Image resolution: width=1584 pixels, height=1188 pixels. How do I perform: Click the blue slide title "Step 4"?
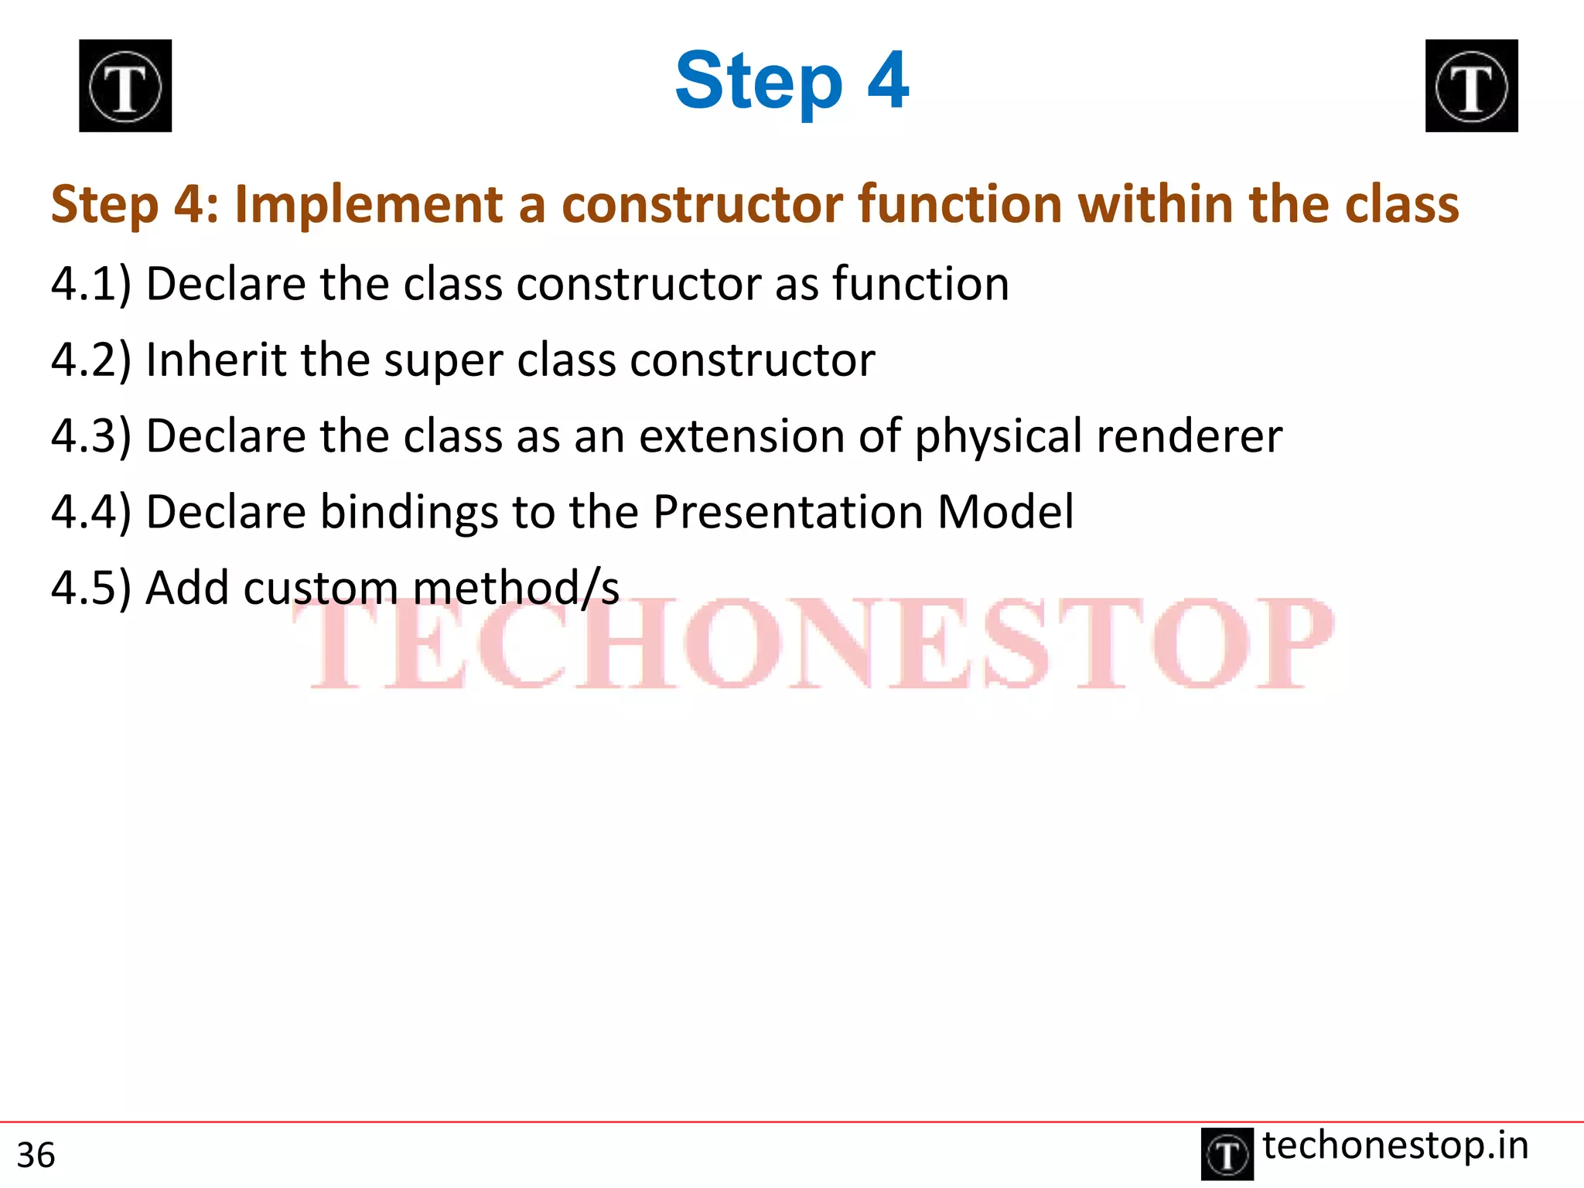791,81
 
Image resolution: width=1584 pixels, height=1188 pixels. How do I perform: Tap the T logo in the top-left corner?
125,86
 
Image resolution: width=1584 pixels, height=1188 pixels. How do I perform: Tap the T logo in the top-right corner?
1471,86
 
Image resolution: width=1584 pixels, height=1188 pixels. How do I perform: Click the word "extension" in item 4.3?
741,435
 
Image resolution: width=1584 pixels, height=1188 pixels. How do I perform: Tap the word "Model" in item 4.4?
1005,512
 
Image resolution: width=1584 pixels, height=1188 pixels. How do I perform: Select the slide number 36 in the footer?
36,1156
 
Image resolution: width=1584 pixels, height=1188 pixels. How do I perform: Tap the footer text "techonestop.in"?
1395,1145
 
